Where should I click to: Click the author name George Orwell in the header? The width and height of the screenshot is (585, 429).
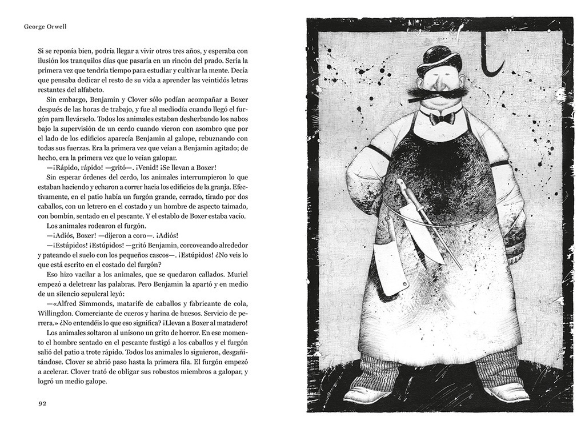[x=46, y=26]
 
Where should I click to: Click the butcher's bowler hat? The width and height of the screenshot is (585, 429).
[x=438, y=60]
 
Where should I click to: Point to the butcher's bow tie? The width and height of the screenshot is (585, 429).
[x=442, y=118]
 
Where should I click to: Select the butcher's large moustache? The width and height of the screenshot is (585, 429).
[x=437, y=93]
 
